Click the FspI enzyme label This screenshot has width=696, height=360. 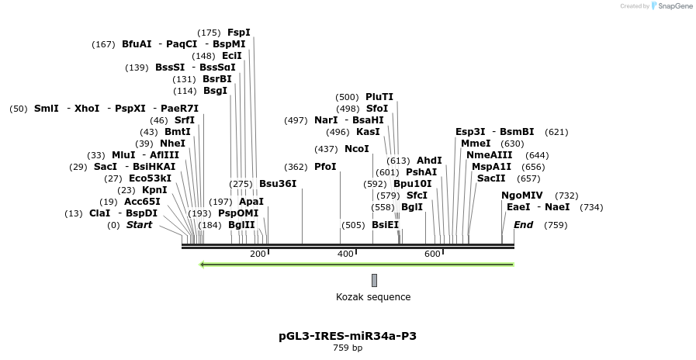[238, 33]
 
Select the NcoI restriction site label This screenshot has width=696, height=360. [356, 149]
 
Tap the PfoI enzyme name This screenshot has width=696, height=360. [325, 167]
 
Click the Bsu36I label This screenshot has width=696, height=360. [277, 184]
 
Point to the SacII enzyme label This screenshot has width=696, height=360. [490, 178]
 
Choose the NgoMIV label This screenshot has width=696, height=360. [521, 196]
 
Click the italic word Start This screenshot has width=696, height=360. [139, 225]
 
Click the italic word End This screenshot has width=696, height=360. [523, 225]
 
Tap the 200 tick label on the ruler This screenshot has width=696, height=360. [258, 254]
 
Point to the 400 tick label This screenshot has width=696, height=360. [345, 254]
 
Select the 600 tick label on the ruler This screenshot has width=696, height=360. [432, 254]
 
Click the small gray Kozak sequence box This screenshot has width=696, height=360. [374, 280]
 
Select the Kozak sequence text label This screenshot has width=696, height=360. [373, 297]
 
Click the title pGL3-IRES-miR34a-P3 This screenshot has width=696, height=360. [348, 336]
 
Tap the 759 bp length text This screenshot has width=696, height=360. [348, 348]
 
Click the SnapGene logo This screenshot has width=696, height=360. [671, 6]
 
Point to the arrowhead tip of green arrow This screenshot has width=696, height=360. [201, 265]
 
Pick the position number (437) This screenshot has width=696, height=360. [326, 149]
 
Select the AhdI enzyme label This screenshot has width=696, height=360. [429, 161]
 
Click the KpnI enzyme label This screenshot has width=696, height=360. [154, 190]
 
